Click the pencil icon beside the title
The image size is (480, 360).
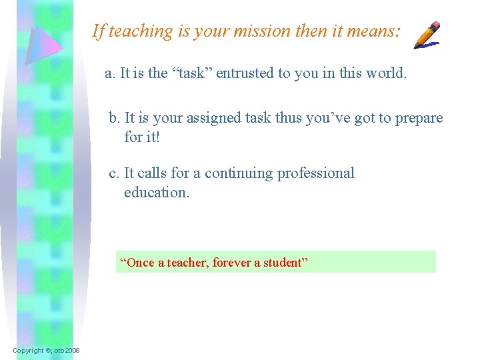click(427, 35)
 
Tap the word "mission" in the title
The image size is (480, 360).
click(261, 31)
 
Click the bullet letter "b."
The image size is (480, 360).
click(115, 118)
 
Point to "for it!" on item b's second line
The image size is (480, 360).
click(142, 137)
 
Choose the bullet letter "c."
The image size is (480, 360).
click(115, 173)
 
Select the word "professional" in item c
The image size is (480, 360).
click(316, 173)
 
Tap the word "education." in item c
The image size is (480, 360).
click(157, 193)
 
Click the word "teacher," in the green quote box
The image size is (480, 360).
click(184, 263)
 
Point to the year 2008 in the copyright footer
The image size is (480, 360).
click(72, 351)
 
